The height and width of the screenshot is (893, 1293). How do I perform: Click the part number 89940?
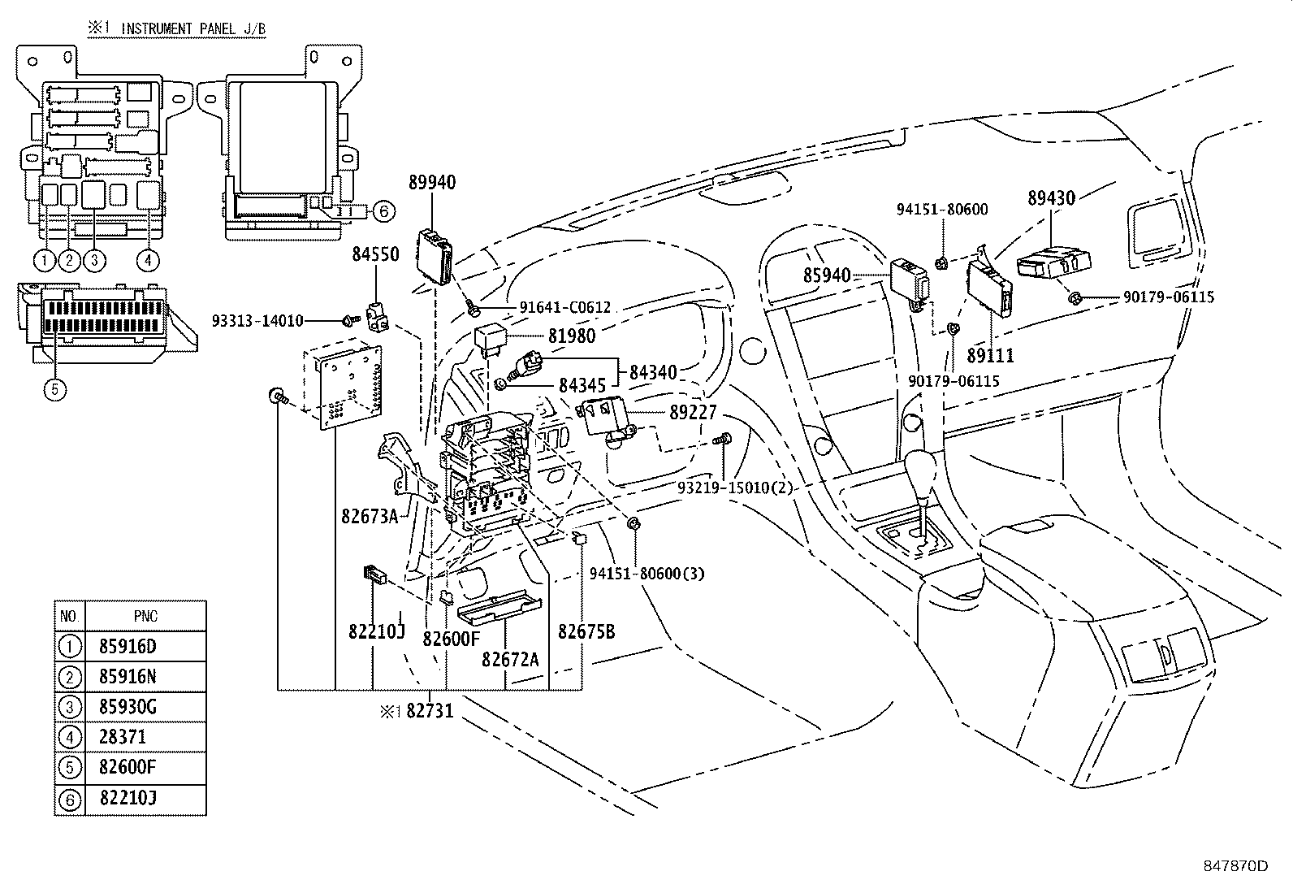[432, 183]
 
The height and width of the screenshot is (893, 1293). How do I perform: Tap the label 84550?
[376, 254]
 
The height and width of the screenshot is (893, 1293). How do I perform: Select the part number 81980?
[572, 336]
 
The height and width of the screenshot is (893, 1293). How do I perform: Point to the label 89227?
[693, 413]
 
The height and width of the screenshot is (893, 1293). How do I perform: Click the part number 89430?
[1051, 198]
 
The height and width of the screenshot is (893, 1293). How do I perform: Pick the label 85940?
[827, 275]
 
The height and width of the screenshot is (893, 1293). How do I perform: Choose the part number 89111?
[991, 355]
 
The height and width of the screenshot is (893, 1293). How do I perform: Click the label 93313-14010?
[257, 321]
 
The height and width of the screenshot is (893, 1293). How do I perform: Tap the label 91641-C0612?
[565, 307]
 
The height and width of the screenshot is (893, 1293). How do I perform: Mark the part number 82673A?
[370, 516]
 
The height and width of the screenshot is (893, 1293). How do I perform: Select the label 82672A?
[510, 659]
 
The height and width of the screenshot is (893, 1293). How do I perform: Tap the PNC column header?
[145, 616]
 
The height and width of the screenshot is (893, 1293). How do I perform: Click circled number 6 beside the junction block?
[384, 211]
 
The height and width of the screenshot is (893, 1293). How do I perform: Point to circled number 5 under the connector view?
[55, 389]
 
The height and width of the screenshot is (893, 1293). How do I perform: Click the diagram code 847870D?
[1236, 866]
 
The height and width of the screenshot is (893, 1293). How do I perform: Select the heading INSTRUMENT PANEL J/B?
[193, 28]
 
